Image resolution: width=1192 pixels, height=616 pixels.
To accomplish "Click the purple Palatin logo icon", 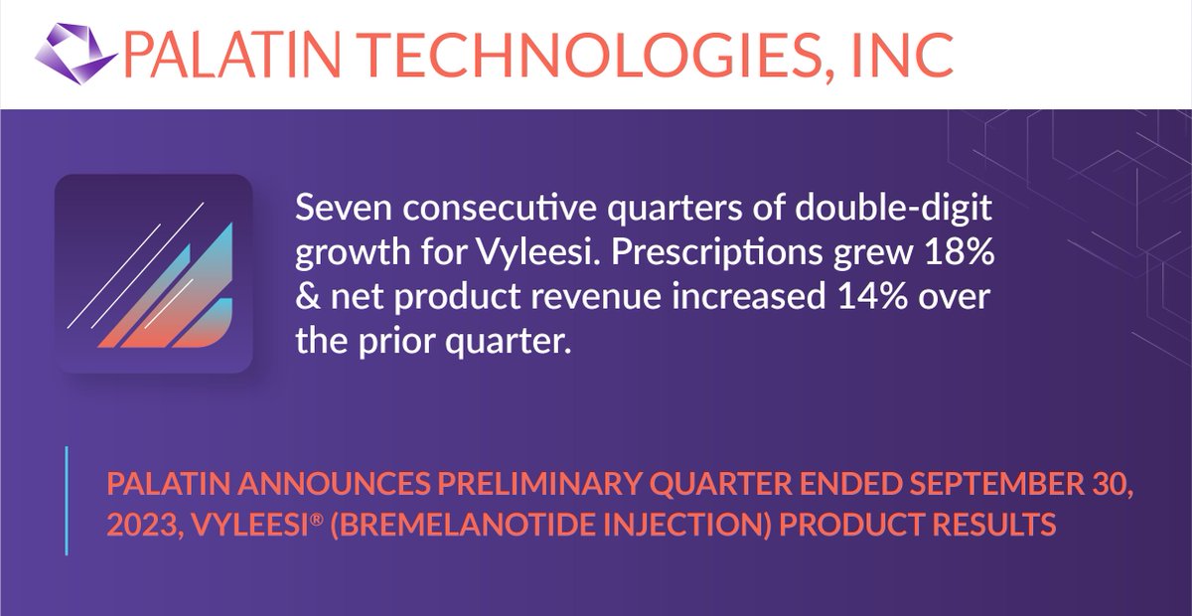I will (74, 54).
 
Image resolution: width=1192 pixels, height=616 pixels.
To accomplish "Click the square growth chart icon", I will (153, 273).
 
